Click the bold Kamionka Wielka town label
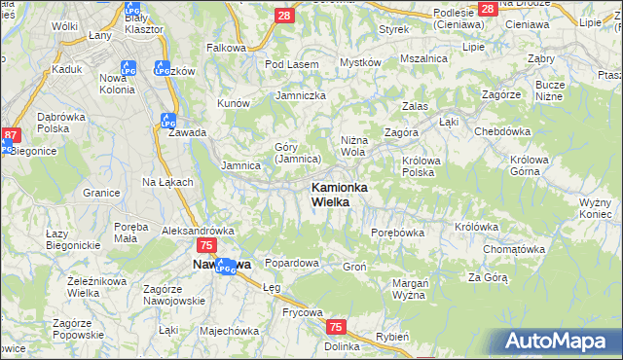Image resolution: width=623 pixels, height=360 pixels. pyautogui.click(x=338, y=194)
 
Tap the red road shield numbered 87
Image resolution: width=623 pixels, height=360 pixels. pyautogui.click(x=11, y=135)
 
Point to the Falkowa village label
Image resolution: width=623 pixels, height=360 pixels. pyautogui.click(x=226, y=47)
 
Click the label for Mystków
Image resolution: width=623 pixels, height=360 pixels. pyautogui.click(x=359, y=62)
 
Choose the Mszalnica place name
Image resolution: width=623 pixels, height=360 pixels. pyautogui.click(x=424, y=57)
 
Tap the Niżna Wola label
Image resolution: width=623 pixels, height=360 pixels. pyautogui.click(x=353, y=146)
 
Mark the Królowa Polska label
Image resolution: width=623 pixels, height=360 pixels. pyautogui.click(x=418, y=166)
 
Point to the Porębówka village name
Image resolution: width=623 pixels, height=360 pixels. pyautogui.click(x=398, y=233)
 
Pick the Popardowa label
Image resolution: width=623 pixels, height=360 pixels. pyautogui.click(x=292, y=263)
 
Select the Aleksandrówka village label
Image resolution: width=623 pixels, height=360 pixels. pyautogui.click(x=199, y=231)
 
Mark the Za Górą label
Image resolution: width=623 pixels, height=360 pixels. pyautogui.click(x=488, y=277)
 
